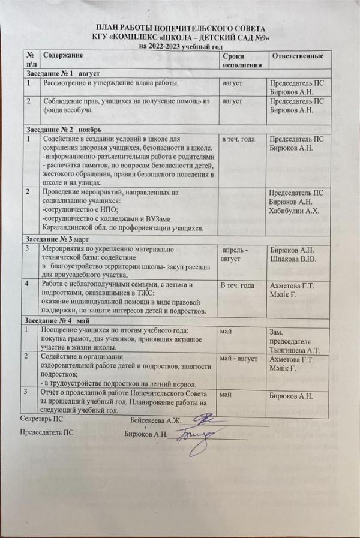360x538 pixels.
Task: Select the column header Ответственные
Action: click(x=298, y=55)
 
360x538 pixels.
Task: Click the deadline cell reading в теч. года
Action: click(x=239, y=139)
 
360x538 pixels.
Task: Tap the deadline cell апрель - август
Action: click(x=242, y=253)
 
